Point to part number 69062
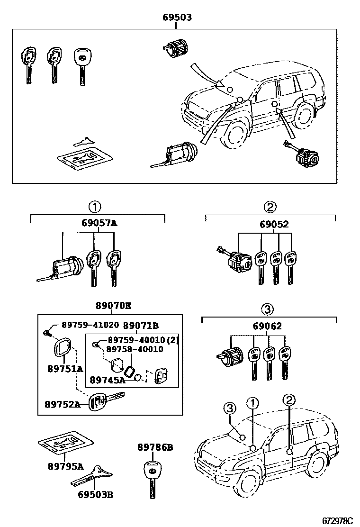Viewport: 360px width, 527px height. (268, 326)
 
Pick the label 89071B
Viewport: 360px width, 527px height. (141, 326)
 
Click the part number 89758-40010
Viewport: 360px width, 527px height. (134, 349)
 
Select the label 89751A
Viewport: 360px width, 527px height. (65, 369)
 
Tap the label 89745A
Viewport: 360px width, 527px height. (108, 380)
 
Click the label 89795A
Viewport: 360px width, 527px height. (65, 466)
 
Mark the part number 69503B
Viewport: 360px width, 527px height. (95, 496)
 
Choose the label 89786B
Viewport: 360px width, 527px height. (155, 447)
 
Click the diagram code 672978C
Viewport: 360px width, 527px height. (338, 521)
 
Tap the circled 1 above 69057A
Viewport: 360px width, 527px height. (95, 207)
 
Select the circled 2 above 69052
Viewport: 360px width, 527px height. (270, 207)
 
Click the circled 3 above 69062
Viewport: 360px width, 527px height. (268, 309)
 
